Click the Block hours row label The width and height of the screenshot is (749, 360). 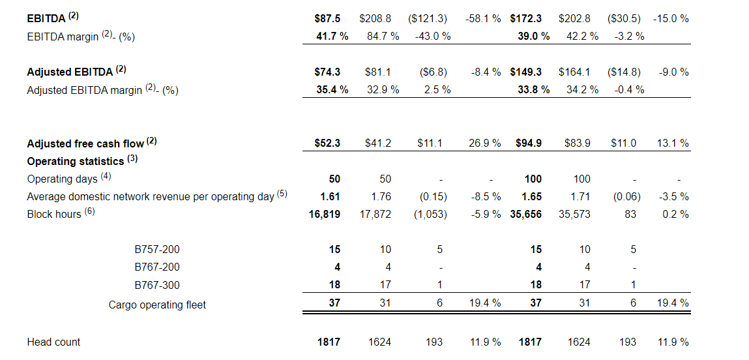pyautogui.click(x=56, y=214)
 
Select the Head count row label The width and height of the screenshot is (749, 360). pyautogui.click(x=53, y=342)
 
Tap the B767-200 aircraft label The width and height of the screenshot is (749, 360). pyautogui.click(x=157, y=267)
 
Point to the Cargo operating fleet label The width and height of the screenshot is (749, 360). pyautogui.click(x=157, y=304)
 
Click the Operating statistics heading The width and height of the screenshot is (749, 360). pyautogui.click(x=76, y=160)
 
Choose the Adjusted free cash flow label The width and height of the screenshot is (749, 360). pyautogui.click(x=86, y=143)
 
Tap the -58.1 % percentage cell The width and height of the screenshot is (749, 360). pyautogui.click(x=483, y=19)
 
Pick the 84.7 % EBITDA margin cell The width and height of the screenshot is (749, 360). pyautogui.click(x=383, y=36)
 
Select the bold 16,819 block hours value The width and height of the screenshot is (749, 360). pyautogui.click(x=325, y=214)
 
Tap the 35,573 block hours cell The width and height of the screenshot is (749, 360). pyautogui.click(x=574, y=214)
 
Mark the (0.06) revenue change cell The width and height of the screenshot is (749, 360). pyautogui.click(x=626, y=196)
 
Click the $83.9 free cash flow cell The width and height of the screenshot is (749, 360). pyautogui.click(x=577, y=143)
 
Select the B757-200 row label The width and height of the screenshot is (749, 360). pyautogui.click(x=157, y=249)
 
